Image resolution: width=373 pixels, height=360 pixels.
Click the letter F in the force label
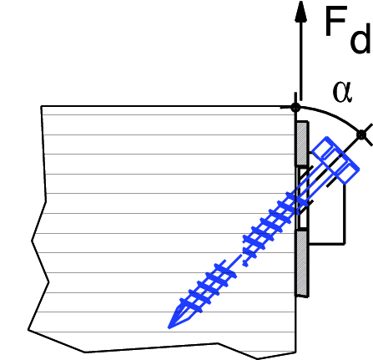tap(335, 22)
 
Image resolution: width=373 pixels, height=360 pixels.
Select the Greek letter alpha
tap(342, 92)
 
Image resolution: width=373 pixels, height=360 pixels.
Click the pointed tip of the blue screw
tap(169, 327)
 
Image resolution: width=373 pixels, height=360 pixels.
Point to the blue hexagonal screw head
tap(335, 160)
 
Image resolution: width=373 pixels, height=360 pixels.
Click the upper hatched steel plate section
tap(302, 145)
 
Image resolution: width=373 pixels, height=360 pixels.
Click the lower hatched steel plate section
tap(302, 263)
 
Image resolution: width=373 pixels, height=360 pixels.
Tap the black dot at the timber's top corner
tap(295, 107)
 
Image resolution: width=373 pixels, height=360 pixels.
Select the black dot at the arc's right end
tap(361, 135)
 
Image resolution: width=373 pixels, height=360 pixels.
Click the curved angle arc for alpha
tap(332, 114)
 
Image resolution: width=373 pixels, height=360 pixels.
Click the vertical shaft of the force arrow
tap(301, 60)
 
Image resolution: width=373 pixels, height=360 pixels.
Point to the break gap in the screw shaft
tap(239, 259)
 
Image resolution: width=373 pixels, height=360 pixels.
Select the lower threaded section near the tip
tap(207, 286)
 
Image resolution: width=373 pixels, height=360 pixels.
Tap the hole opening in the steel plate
tap(302, 198)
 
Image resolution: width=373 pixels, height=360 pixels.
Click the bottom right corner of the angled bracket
tap(345, 244)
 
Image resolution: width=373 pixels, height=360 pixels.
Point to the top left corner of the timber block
tap(42, 106)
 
